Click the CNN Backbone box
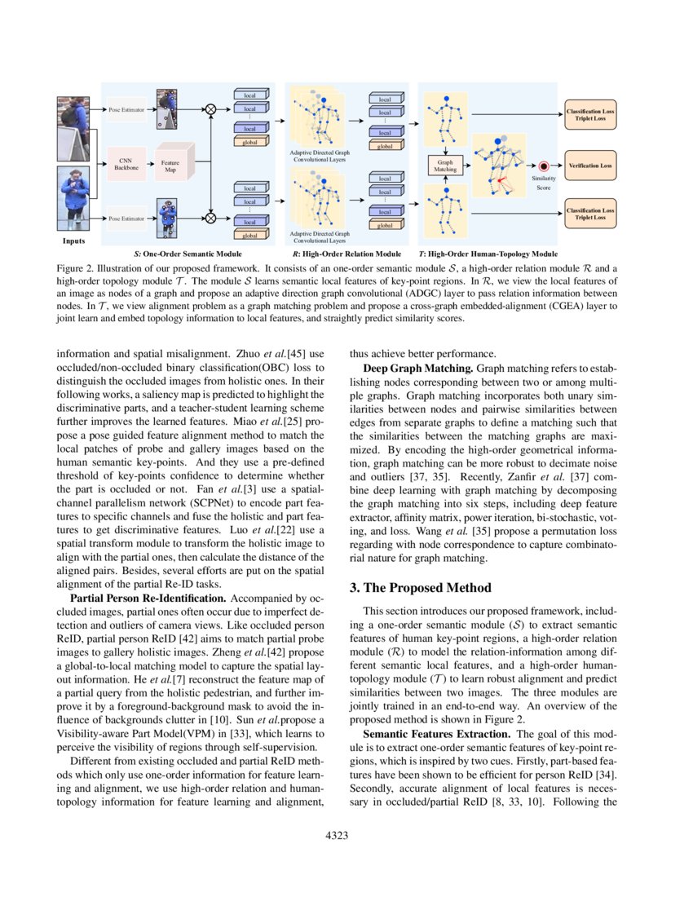pyautogui.click(x=126, y=163)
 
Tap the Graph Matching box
pyautogui.click(x=445, y=166)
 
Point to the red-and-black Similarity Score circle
pyautogui.click(x=543, y=166)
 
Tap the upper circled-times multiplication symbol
pyautogui.click(x=210, y=108)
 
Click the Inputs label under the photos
pyautogui.click(x=74, y=241)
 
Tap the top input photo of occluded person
pyautogui.click(x=73, y=128)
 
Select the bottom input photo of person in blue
pyautogui.click(x=73, y=199)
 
